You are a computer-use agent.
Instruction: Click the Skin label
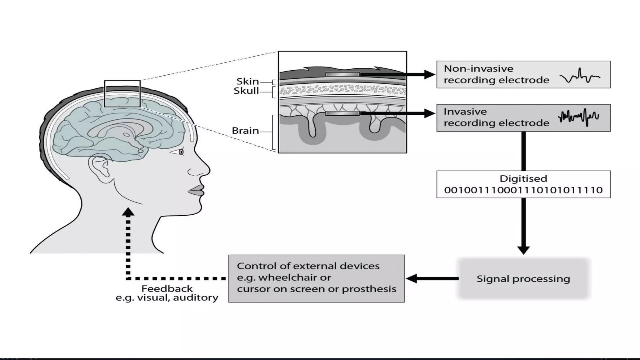click(247, 81)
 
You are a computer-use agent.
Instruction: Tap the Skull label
click(246, 91)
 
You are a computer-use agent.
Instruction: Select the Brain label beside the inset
click(245, 131)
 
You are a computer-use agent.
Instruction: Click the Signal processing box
click(523, 278)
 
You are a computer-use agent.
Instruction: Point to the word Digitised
click(523, 178)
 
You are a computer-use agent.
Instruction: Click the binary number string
click(523, 190)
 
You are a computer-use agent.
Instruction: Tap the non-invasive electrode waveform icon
click(580, 76)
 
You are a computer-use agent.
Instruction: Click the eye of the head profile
click(181, 152)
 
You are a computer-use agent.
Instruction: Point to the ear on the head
click(100, 169)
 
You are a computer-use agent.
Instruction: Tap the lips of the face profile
click(197, 190)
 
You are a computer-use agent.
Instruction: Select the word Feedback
click(167, 288)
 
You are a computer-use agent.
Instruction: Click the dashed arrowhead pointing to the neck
click(128, 212)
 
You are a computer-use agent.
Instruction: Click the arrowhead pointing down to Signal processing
click(523, 250)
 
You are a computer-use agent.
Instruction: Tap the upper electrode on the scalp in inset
click(342, 74)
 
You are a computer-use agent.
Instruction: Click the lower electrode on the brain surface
click(342, 113)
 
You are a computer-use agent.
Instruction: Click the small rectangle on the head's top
click(122, 93)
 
